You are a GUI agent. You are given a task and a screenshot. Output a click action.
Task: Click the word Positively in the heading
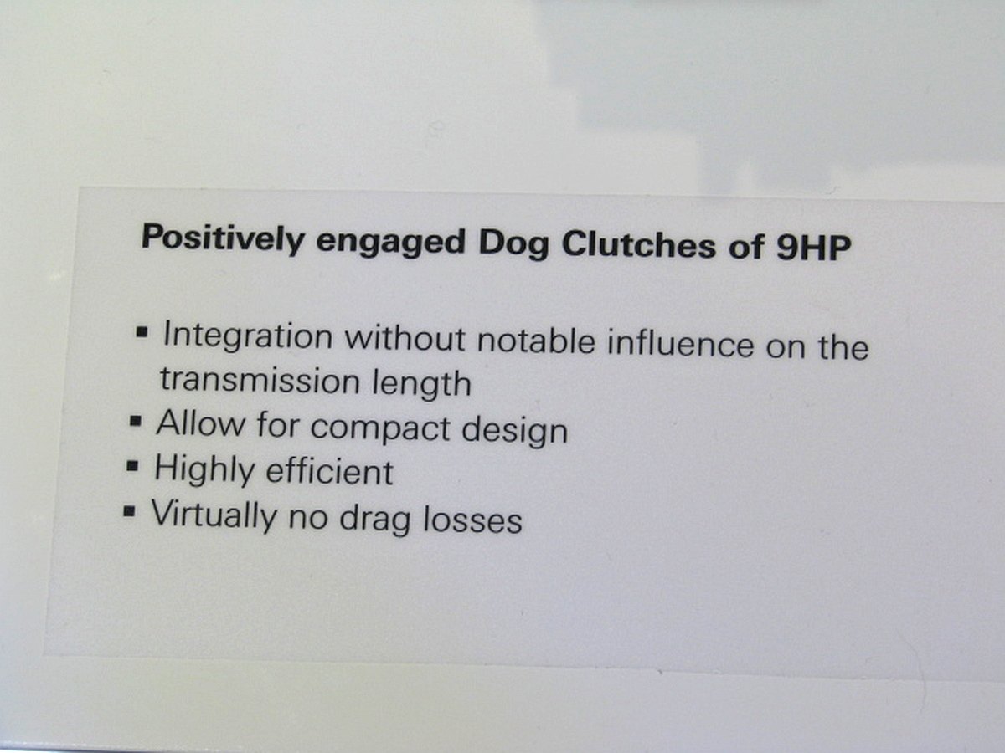click(x=223, y=238)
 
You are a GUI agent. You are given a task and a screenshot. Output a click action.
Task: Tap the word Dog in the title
click(x=513, y=244)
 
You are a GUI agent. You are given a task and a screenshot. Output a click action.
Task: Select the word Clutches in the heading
click(x=638, y=245)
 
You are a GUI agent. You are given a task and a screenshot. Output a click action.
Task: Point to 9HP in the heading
click(x=813, y=247)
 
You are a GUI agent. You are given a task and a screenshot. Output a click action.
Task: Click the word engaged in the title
click(x=390, y=243)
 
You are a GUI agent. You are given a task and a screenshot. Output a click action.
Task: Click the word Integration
click(x=248, y=336)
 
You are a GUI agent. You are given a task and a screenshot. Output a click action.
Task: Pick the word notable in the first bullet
click(x=536, y=341)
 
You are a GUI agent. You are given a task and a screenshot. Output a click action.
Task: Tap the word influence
click(x=680, y=344)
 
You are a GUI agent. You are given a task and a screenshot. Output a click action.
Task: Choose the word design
click(x=514, y=430)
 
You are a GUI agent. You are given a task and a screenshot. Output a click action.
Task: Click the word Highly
click(x=204, y=469)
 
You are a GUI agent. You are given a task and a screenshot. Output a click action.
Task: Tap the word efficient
click(x=329, y=471)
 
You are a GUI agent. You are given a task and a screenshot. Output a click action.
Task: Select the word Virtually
click(x=214, y=515)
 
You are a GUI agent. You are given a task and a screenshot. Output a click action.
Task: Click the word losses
click(x=472, y=520)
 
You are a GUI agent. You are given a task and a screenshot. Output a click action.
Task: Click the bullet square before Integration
click(x=142, y=331)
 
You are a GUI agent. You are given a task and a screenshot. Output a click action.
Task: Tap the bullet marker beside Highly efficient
click(x=132, y=466)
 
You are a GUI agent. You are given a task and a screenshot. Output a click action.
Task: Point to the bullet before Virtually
click(x=129, y=510)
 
